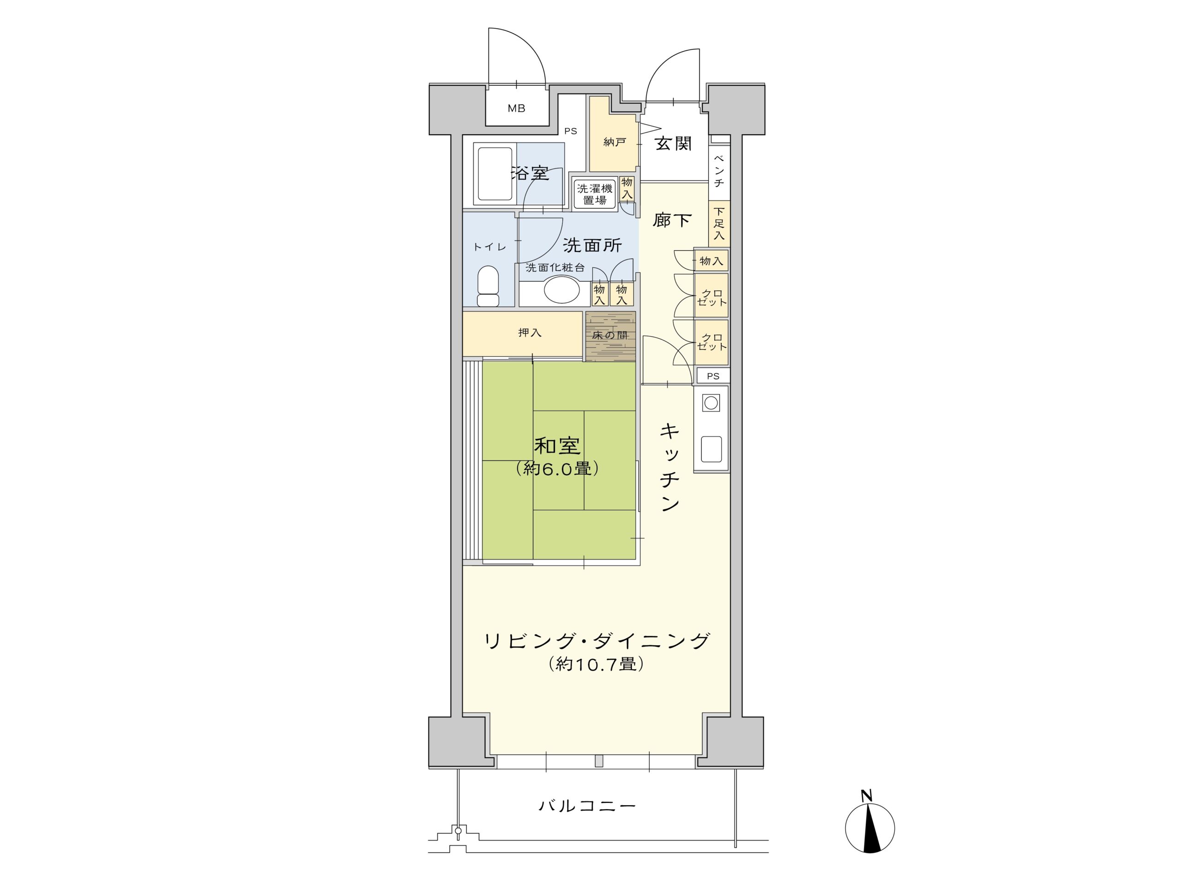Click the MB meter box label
(516, 109)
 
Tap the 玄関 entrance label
(673, 143)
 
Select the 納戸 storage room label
(614, 142)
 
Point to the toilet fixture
(488, 286)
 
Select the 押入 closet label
(530, 333)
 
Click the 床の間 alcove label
(610, 336)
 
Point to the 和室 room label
(557, 445)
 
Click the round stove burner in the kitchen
(711, 403)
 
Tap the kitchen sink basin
(711, 449)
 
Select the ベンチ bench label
(719, 171)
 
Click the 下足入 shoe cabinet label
(719, 224)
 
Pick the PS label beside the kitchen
(713, 376)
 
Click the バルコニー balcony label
(587, 805)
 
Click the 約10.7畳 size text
(596, 664)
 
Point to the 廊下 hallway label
(672, 220)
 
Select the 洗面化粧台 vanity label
(555, 268)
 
